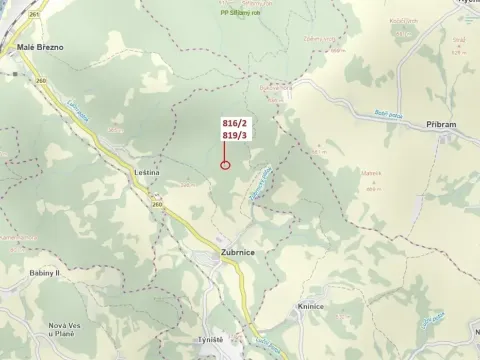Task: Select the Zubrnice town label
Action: (x=238, y=253)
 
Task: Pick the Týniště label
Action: (x=210, y=341)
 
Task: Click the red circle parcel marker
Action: (x=225, y=165)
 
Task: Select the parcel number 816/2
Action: (x=234, y=122)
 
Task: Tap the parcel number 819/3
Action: (x=234, y=134)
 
